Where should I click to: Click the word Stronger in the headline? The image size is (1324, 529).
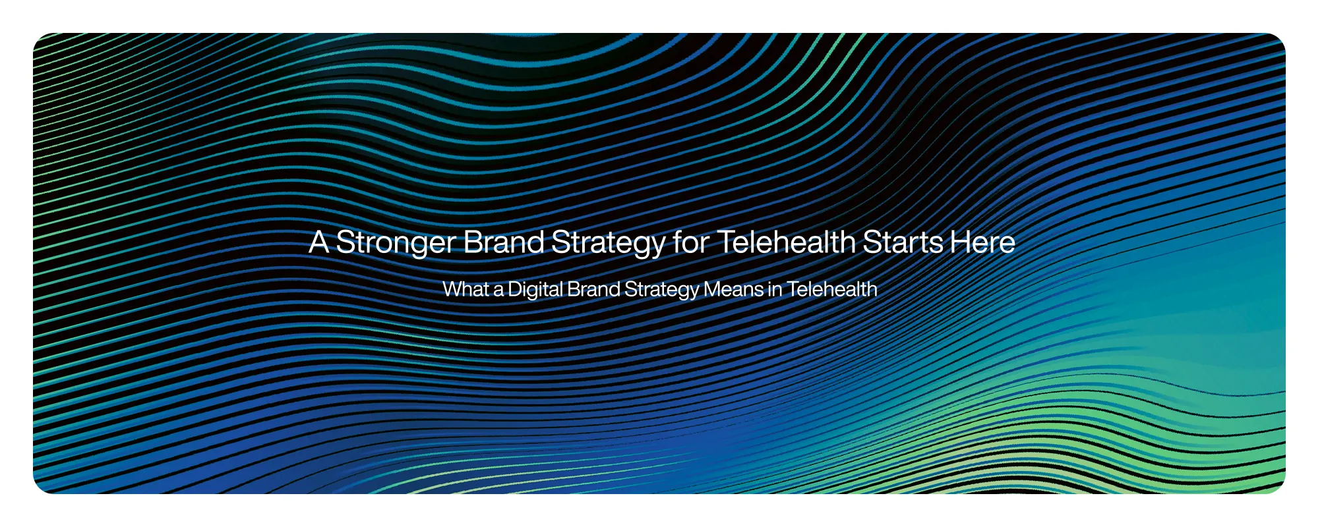click(x=396, y=242)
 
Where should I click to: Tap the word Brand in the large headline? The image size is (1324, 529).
click(x=504, y=242)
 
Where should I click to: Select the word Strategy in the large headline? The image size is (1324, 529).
click(x=608, y=242)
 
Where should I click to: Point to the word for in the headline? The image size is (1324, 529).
click(x=690, y=242)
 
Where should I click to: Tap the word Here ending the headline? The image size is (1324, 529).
click(x=982, y=242)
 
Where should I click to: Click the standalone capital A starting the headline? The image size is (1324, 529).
click(x=319, y=242)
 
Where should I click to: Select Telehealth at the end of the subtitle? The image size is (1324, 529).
click(x=831, y=289)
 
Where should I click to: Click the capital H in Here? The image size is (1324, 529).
click(x=960, y=242)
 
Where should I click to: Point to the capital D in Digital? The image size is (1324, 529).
click(x=515, y=289)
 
